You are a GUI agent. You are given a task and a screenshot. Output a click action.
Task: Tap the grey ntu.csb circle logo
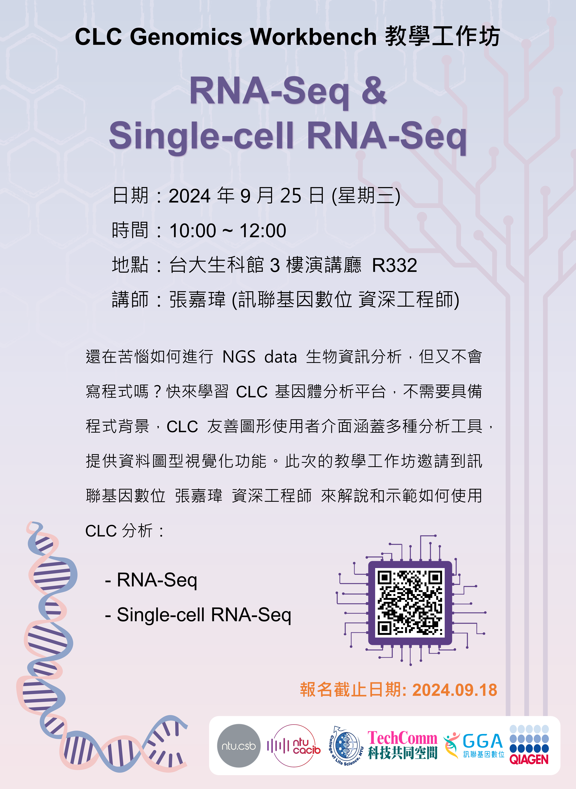tap(239, 746)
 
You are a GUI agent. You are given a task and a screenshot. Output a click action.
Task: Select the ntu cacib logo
tap(294, 746)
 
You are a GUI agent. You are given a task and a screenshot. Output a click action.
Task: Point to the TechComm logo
tap(402, 745)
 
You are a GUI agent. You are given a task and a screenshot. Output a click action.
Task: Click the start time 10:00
tap(193, 231)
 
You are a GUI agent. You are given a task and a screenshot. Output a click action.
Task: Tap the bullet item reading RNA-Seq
tap(151, 580)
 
